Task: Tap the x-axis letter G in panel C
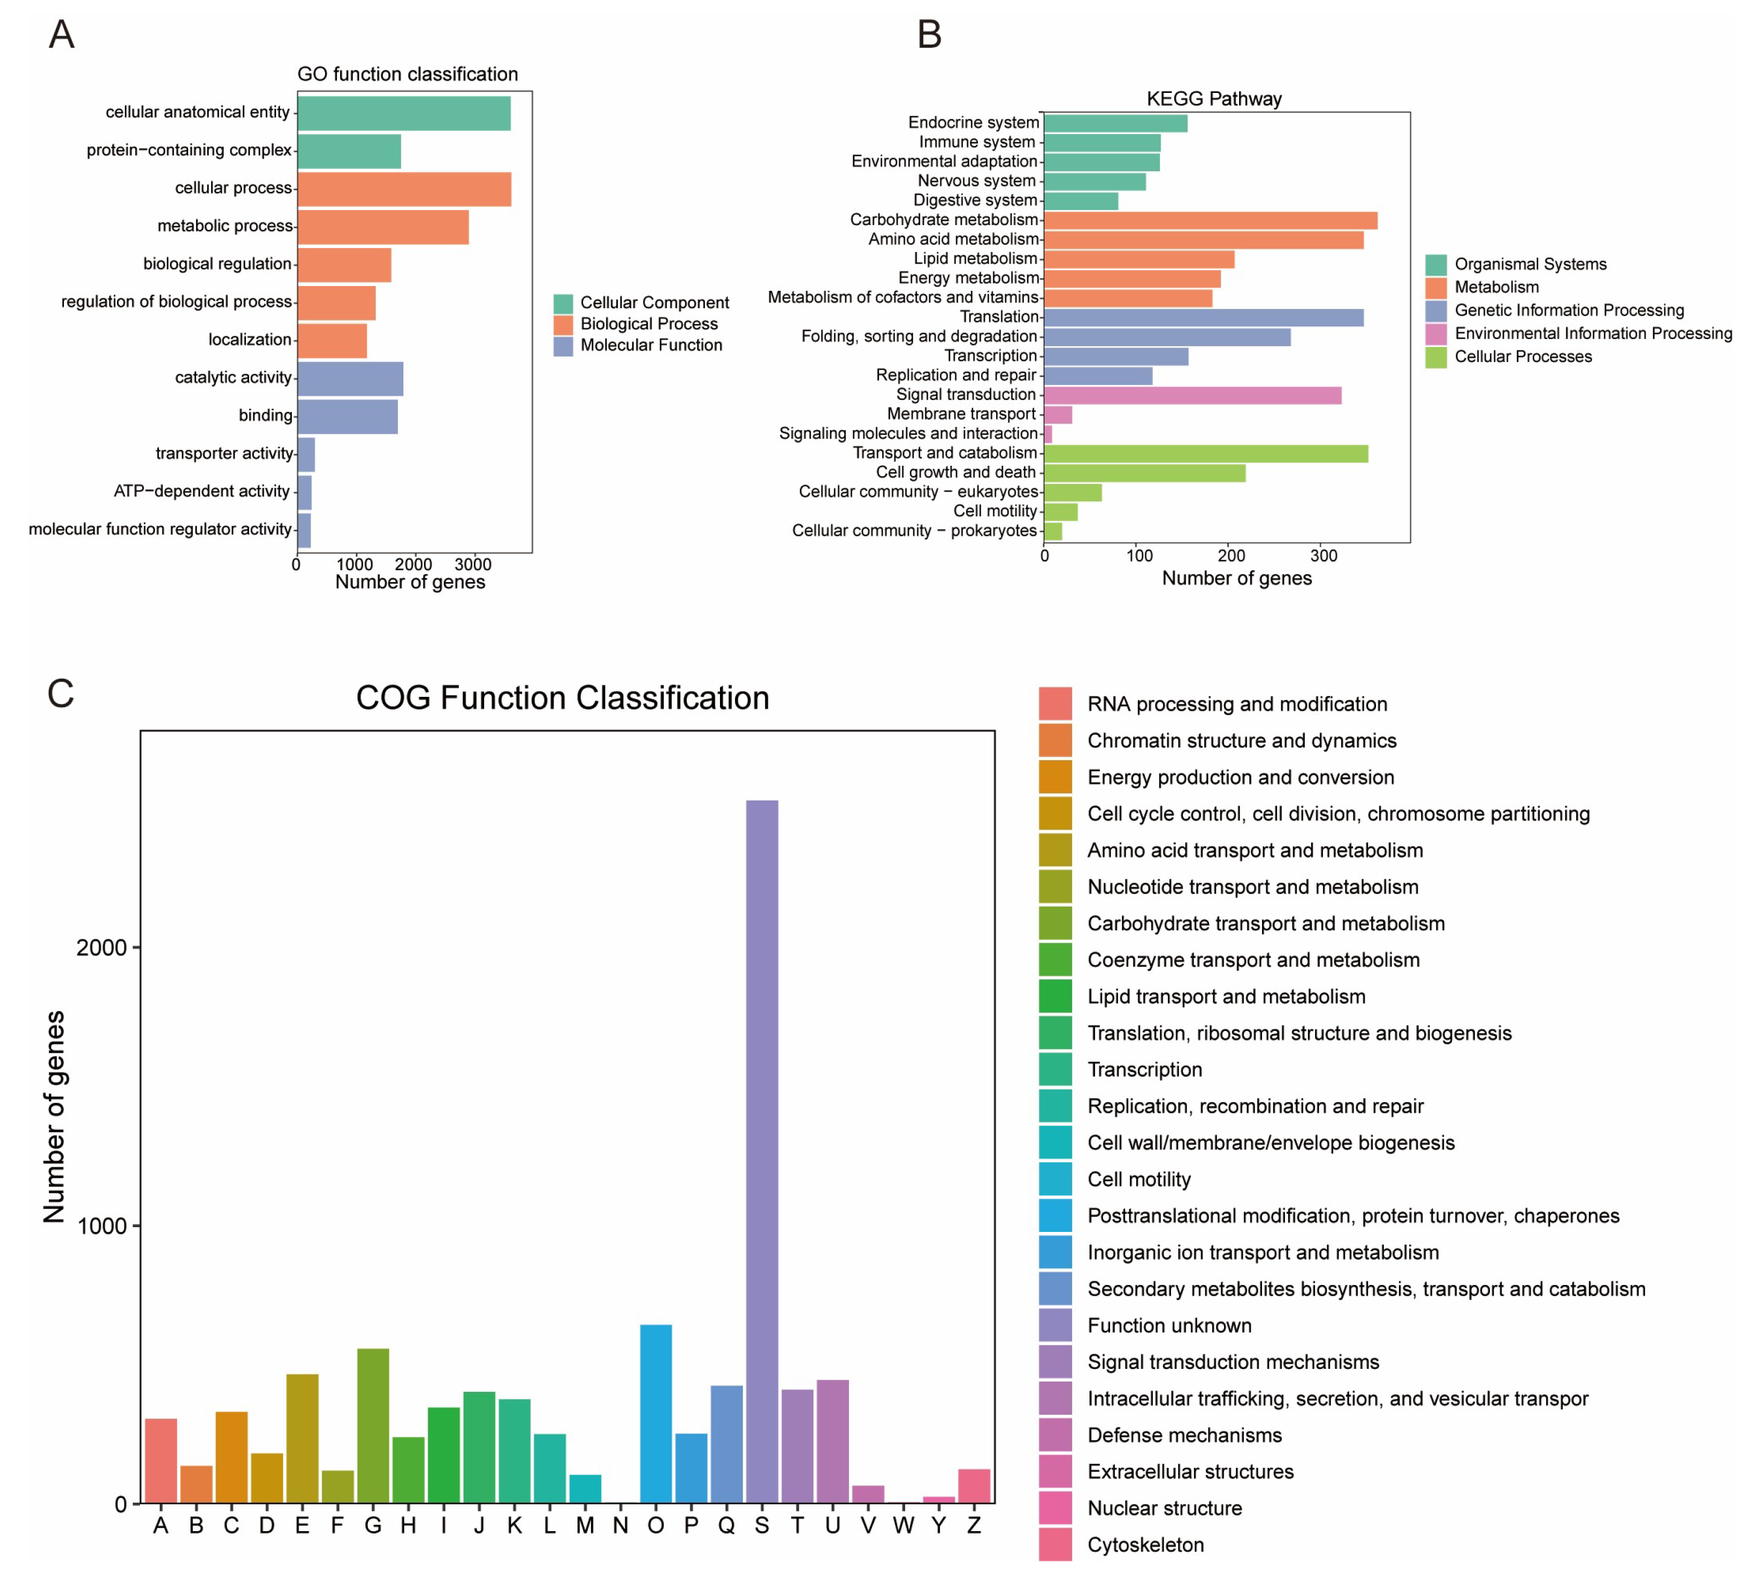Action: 373,1526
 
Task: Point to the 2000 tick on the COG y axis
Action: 102,947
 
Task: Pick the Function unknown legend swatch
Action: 1055,1325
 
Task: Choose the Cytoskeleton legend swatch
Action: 1055,1544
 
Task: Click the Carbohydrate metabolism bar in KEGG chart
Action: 1210,220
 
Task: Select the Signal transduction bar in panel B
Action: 1193,395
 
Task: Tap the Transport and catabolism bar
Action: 1205,454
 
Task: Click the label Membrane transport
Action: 961,414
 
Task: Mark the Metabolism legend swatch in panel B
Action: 1435,287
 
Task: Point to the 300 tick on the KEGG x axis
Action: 1323,556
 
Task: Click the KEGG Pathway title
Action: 1213,98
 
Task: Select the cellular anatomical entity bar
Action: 403,113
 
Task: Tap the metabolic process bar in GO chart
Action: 383,227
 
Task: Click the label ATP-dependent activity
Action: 201,491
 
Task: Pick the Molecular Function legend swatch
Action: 563,346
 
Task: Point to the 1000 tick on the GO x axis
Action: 355,565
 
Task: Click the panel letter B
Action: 929,34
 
